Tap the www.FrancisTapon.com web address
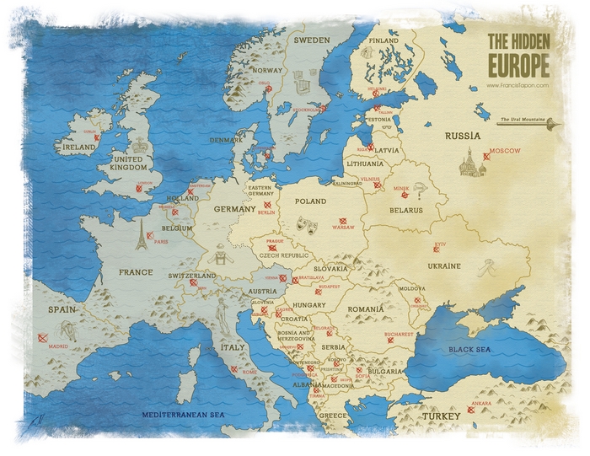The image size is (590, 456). click(x=518, y=85)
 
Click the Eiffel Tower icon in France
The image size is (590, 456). click(x=141, y=237)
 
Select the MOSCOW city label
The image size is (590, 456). click(x=506, y=150)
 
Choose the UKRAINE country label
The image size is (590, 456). click(x=443, y=266)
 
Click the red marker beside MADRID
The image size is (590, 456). click(x=42, y=337)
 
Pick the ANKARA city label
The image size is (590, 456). click(x=481, y=403)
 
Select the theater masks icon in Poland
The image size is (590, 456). click(x=308, y=224)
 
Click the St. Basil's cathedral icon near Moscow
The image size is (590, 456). click(x=469, y=162)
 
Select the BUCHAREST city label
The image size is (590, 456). click(x=399, y=334)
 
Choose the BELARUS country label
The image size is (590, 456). click(x=405, y=210)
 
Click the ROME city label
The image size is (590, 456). click(x=249, y=372)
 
